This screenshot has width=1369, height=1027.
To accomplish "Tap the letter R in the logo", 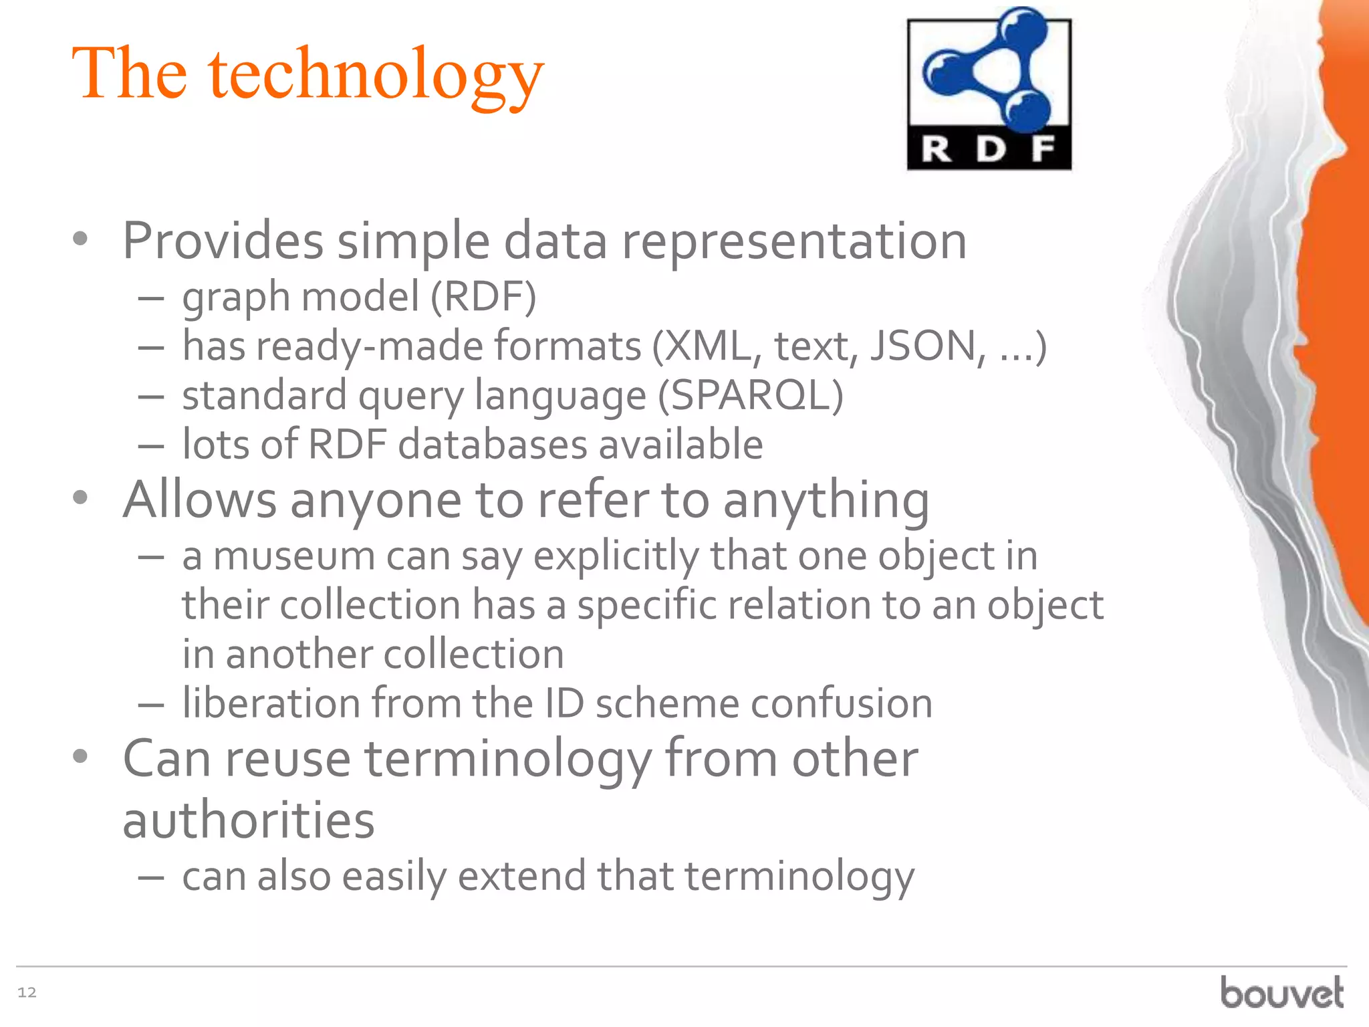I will click(x=937, y=149).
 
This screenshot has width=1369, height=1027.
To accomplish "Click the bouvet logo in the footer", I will click(x=1281, y=992).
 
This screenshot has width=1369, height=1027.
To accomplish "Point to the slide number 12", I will click(x=27, y=992).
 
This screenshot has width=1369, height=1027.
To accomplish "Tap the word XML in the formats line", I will click(x=708, y=346).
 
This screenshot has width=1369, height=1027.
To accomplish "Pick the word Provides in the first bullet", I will click(x=223, y=241).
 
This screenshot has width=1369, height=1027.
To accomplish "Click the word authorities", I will click(x=249, y=820).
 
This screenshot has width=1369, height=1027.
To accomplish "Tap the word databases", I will click(x=492, y=445).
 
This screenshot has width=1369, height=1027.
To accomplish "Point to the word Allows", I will click(x=199, y=499).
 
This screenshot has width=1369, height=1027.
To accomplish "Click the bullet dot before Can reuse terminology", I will click(x=80, y=756).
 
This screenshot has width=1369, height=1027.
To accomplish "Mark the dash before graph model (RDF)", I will click(x=151, y=298).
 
